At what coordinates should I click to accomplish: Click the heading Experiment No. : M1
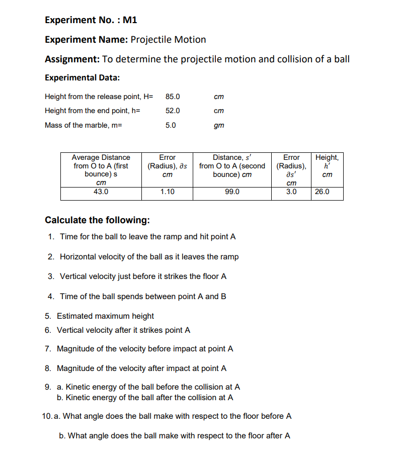click(x=91, y=20)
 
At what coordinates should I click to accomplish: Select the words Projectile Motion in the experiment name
click(x=168, y=40)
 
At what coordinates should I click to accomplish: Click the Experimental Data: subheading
click(x=83, y=77)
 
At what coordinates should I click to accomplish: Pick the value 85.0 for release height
click(x=173, y=97)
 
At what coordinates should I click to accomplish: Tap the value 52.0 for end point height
click(x=173, y=111)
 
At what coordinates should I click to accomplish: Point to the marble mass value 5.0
click(x=171, y=125)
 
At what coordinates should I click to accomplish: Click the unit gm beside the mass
click(x=219, y=125)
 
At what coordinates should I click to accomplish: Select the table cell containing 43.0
click(x=101, y=192)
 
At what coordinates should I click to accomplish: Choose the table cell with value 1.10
click(x=168, y=192)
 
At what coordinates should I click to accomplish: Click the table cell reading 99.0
click(x=232, y=192)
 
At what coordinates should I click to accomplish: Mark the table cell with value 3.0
click(x=291, y=192)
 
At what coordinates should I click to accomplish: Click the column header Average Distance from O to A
click(x=101, y=166)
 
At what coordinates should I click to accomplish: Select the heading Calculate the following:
click(x=97, y=220)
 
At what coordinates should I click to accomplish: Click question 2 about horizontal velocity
click(x=149, y=257)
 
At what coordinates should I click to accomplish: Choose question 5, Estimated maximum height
click(x=105, y=316)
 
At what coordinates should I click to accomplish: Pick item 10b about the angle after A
click(x=178, y=436)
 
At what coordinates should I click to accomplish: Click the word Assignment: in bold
click(x=72, y=59)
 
